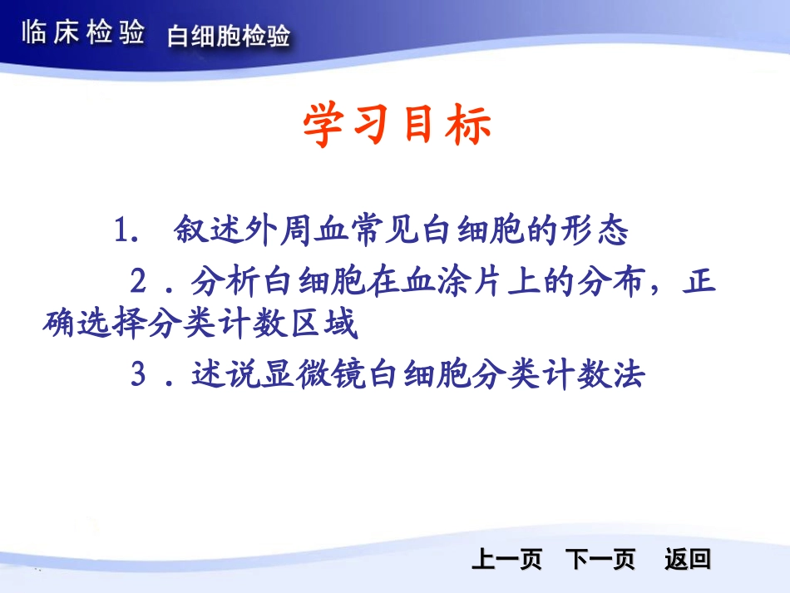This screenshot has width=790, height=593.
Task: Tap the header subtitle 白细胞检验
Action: coord(229,37)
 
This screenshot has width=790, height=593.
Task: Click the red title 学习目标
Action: coord(397,126)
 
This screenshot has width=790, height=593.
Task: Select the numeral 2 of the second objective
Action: coord(139,282)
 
